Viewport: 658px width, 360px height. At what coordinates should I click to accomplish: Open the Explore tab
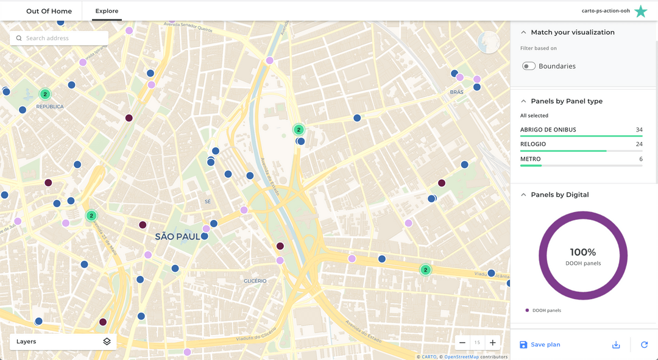point(107,11)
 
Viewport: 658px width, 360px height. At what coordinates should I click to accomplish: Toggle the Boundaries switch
point(528,66)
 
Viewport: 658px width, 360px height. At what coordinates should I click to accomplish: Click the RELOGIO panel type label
point(533,144)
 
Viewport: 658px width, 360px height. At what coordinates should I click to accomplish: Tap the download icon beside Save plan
point(616,345)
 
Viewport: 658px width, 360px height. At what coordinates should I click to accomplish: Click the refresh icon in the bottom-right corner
point(644,345)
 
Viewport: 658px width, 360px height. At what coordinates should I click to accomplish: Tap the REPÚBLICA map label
point(50,107)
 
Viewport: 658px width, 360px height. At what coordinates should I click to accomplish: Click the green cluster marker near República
point(45,94)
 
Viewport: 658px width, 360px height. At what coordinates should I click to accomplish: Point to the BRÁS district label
point(456,93)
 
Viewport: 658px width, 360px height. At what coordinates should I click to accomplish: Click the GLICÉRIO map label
point(255,281)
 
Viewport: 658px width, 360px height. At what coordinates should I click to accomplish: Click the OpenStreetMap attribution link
point(461,357)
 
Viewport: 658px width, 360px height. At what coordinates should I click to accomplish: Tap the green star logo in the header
point(641,11)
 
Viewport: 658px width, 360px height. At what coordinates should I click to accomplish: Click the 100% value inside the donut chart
point(583,252)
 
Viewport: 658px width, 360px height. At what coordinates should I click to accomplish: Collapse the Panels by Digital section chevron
point(523,195)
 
